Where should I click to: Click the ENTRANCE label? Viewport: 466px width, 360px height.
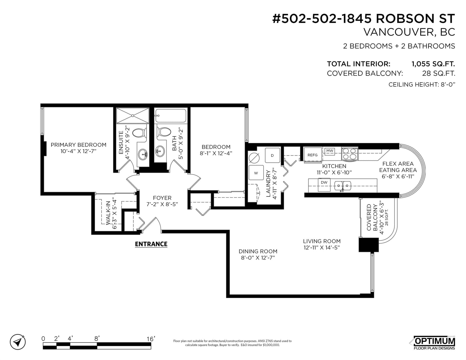pyautogui.click(x=151, y=244)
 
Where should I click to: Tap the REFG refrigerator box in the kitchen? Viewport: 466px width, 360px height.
pyautogui.click(x=313, y=155)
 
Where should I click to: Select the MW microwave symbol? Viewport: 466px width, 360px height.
pyautogui.click(x=329, y=151)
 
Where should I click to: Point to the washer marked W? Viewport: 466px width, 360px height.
pyautogui.click(x=256, y=173)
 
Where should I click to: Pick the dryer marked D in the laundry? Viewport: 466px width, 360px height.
pyautogui.click(x=272, y=155)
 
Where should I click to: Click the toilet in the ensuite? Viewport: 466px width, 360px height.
pyautogui.click(x=139, y=133)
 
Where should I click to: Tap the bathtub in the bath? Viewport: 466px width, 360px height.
pyautogui.click(x=171, y=116)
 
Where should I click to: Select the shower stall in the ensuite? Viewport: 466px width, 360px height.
pyautogui.click(x=133, y=116)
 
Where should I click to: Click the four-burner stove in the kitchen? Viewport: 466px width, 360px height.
pyautogui.click(x=349, y=154)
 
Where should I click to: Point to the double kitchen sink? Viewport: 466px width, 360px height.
pyautogui.click(x=343, y=185)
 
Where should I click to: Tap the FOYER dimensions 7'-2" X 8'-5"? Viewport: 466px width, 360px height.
pyautogui.click(x=162, y=204)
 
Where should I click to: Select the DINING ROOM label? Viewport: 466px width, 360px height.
pyautogui.click(x=258, y=251)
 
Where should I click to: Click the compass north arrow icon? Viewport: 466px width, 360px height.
pyautogui.click(x=18, y=342)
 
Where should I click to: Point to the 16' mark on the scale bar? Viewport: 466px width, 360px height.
pyautogui.click(x=151, y=339)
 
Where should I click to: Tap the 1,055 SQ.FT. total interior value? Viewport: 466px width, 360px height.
pyautogui.click(x=433, y=64)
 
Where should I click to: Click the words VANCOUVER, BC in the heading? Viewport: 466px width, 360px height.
pyautogui.click(x=409, y=32)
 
